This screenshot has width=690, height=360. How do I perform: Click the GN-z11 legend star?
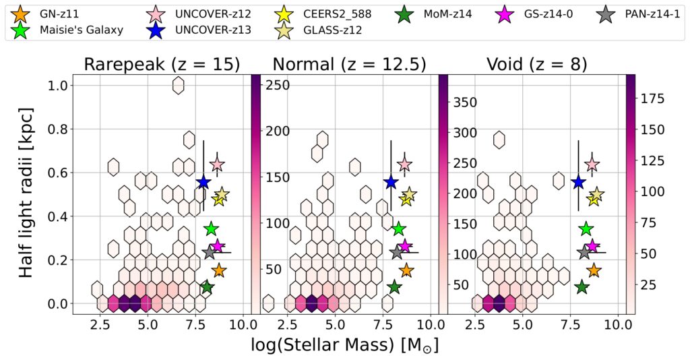(22, 12)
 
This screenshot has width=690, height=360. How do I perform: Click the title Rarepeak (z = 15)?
(162, 64)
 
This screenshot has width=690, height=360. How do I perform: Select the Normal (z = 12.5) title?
(348, 64)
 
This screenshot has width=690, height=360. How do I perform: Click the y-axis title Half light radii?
(27, 194)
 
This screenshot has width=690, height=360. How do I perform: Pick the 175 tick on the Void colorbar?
(652, 99)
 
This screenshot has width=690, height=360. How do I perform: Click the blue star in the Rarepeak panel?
(203, 183)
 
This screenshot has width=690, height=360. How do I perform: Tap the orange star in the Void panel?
(594, 270)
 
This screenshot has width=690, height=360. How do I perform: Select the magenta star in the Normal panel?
(405, 246)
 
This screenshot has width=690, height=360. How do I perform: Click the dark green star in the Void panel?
(582, 287)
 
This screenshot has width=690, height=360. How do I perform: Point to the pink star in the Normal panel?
(404, 164)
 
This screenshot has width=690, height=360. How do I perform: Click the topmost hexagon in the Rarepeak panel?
(179, 85)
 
